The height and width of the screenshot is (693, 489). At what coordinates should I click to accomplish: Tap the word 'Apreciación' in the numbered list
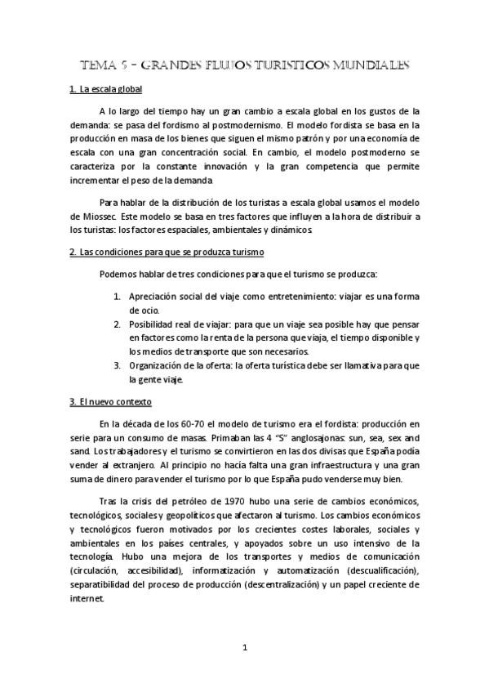[153, 297]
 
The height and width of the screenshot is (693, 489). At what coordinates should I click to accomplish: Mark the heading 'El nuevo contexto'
[116, 402]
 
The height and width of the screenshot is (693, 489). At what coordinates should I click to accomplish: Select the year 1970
[211, 500]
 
